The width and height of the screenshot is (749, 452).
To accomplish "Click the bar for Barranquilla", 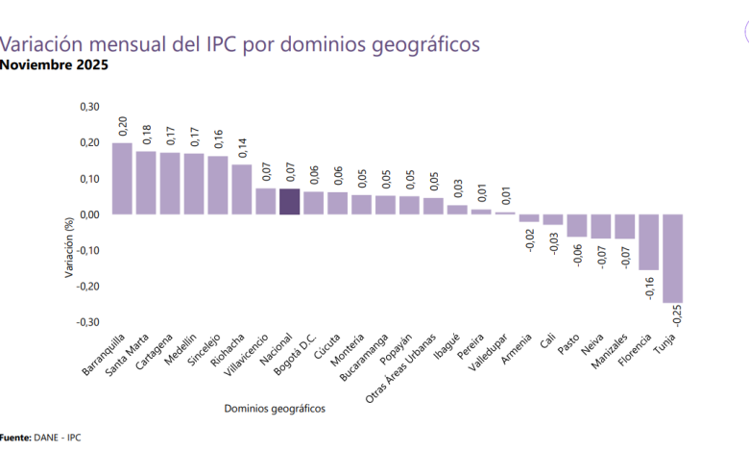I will coord(122,178).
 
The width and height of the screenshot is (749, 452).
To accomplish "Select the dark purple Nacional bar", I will coord(290,201).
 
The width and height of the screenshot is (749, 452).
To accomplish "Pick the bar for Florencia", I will coord(649,242).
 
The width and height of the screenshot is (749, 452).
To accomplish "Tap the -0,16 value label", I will coord(651,286).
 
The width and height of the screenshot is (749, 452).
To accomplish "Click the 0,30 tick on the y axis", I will coord(88,107).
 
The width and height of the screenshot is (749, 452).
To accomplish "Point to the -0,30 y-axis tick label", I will coord(87,322).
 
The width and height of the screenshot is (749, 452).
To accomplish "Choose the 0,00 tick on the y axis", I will coord(88,214).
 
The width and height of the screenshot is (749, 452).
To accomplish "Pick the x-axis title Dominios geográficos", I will coord(275,409).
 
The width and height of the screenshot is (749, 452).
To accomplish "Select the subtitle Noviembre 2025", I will coord(54,65).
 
